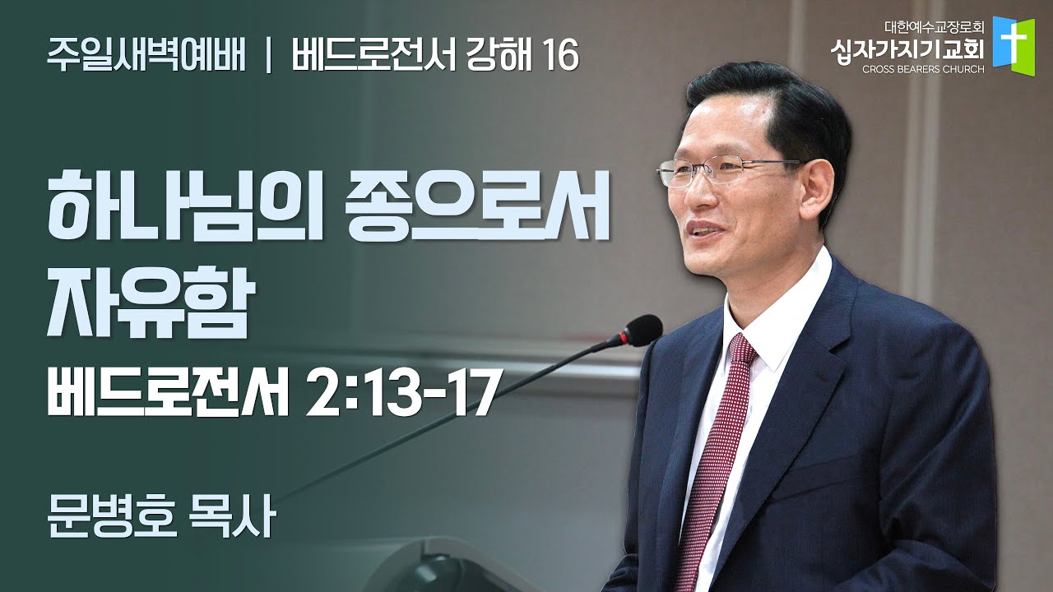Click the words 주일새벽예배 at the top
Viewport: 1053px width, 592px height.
click(146, 56)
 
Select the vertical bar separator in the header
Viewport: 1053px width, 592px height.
click(268, 57)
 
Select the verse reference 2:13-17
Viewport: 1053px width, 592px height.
click(401, 393)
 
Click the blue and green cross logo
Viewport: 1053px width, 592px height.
click(1014, 46)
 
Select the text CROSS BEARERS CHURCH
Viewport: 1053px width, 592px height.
click(923, 70)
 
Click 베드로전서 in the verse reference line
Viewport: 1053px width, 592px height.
click(168, 393)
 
